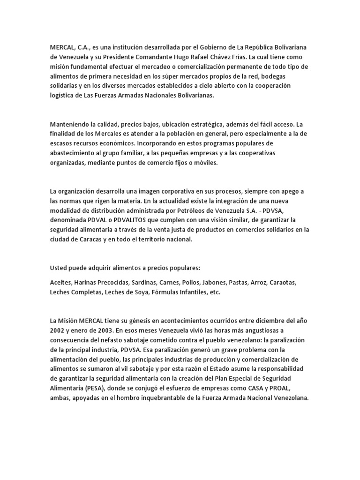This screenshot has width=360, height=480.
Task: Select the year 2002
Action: pyautogui.click(x=58, y=330)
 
